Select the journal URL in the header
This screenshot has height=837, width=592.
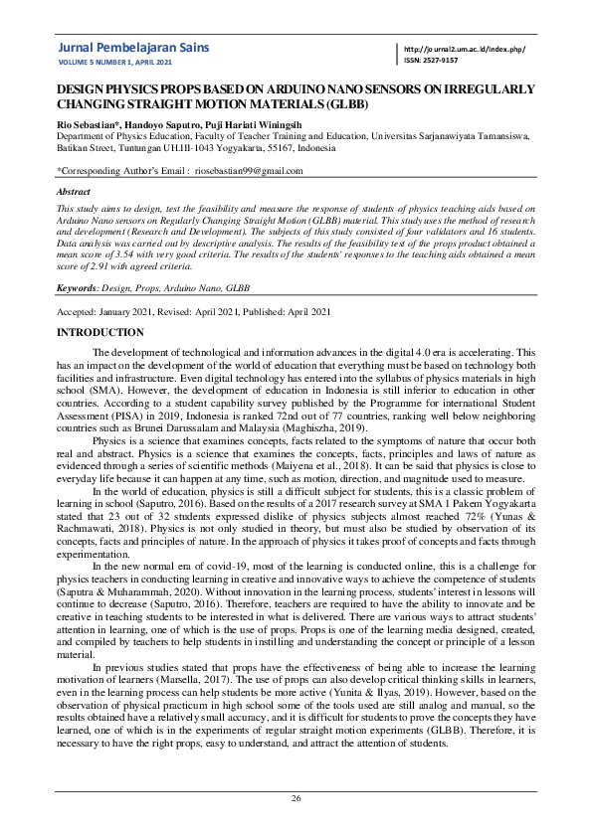click(x=465, y=50)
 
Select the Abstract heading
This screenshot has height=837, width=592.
click(x=74, y=191)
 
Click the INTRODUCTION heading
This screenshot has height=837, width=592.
click(x=100, y=331)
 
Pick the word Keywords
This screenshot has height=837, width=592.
click(x=75, y=287)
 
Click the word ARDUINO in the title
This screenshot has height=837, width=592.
click(x=280, y=88)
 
